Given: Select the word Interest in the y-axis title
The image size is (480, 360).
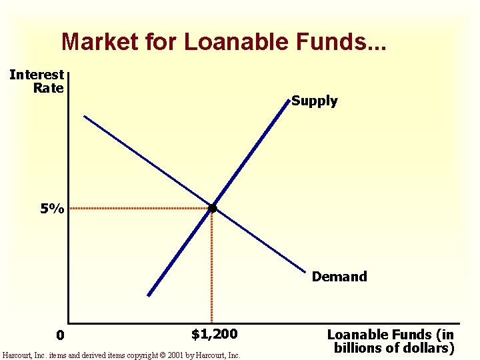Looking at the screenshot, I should (x=37, y=75).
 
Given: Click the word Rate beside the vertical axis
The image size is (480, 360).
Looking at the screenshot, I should (x=48, y=88).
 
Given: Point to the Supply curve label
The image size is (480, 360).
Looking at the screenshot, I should (x=315, y=101).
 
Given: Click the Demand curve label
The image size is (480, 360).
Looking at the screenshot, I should (x=339, y=277).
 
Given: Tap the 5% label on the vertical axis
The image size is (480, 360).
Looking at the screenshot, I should (x=51, y=209).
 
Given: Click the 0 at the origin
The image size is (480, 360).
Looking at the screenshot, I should (x=60, y=335).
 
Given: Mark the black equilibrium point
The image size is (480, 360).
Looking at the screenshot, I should (x=212, y=209).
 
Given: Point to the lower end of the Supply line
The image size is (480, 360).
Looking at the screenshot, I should (x=149, y=295).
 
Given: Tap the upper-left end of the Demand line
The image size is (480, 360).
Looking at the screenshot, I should (x=85, y=117).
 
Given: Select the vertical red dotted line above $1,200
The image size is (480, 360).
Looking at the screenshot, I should (x=212, y=267).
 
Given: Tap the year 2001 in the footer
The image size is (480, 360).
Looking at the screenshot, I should (x=175, y=356).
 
